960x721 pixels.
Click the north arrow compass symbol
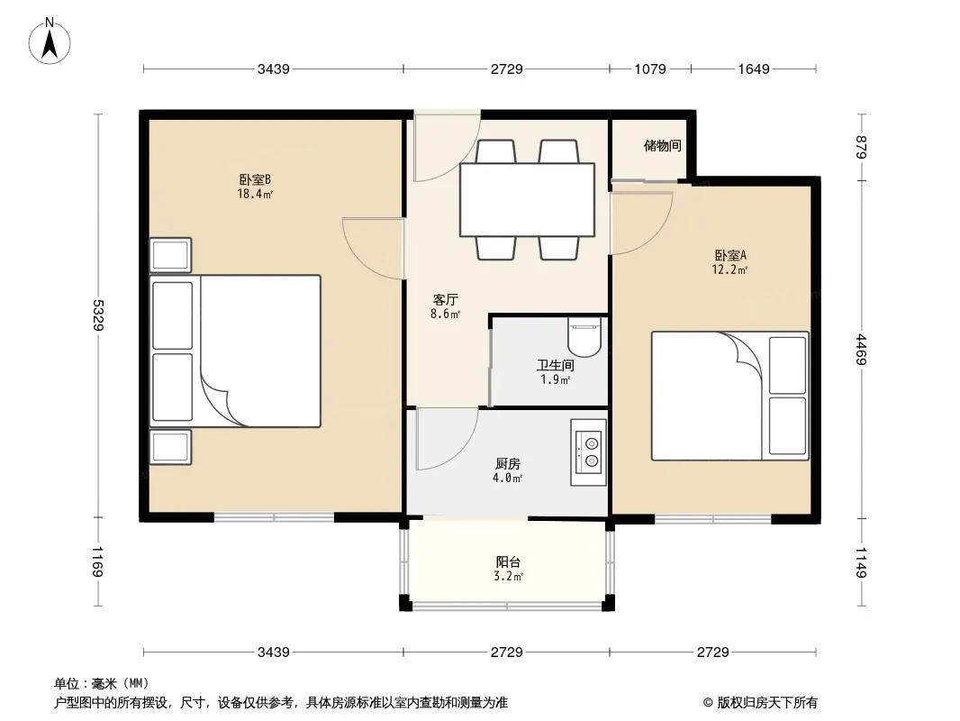(50, 41)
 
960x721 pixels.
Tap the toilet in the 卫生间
(584, 336)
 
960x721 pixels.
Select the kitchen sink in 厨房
(588, 452)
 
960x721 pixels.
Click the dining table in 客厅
(527, 200)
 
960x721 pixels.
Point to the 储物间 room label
(663, 146)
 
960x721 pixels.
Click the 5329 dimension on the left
(98, 315)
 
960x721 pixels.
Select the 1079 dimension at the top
(649, 69)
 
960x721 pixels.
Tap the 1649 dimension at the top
(753, 69)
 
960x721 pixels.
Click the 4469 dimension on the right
(861, 349)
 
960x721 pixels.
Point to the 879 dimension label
(861, 147)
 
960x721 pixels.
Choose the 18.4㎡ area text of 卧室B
(255, 194)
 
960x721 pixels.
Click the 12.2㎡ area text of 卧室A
(729, 269)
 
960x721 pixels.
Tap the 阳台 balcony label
(508, 561)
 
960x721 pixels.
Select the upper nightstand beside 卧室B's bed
(171, 255)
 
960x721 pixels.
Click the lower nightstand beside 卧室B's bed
(171, 447)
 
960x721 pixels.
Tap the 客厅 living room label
(446, 299)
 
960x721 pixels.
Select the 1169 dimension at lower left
(98, 562)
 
